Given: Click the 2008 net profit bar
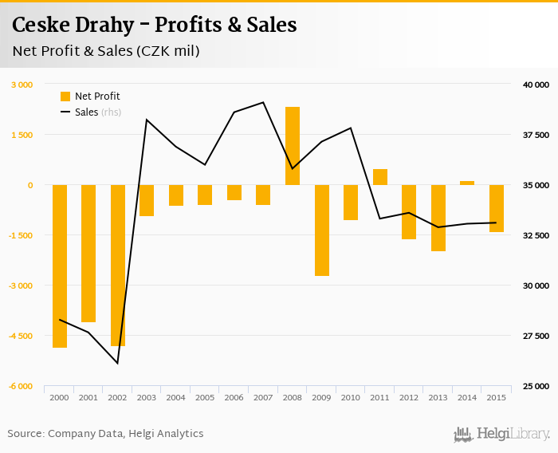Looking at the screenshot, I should point(293,146).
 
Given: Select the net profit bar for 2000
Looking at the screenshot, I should point(60,266).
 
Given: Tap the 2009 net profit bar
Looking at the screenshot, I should point(321,230).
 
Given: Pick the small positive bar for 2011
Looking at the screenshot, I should point(380,177).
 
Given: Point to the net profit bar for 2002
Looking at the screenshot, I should point(118,266).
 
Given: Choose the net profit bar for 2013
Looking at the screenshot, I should point(438,218).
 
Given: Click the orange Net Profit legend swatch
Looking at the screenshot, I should point(65,97).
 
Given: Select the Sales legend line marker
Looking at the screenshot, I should point(65,112).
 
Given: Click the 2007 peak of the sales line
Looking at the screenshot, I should point(263,102).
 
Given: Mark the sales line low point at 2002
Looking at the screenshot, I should point(118,364).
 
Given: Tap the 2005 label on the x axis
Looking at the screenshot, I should point(205,397).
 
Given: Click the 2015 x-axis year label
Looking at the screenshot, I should point(496,397).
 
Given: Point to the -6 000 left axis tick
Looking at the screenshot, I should point(21,386).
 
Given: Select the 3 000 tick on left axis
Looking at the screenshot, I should point(22,85).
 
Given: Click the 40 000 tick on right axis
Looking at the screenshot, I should point(536,85).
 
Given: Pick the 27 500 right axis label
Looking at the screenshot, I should point(536,336).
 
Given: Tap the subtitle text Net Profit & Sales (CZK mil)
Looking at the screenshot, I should point(106,51).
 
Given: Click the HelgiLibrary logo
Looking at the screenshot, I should point(501,435).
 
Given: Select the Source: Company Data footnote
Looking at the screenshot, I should point(105,434).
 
